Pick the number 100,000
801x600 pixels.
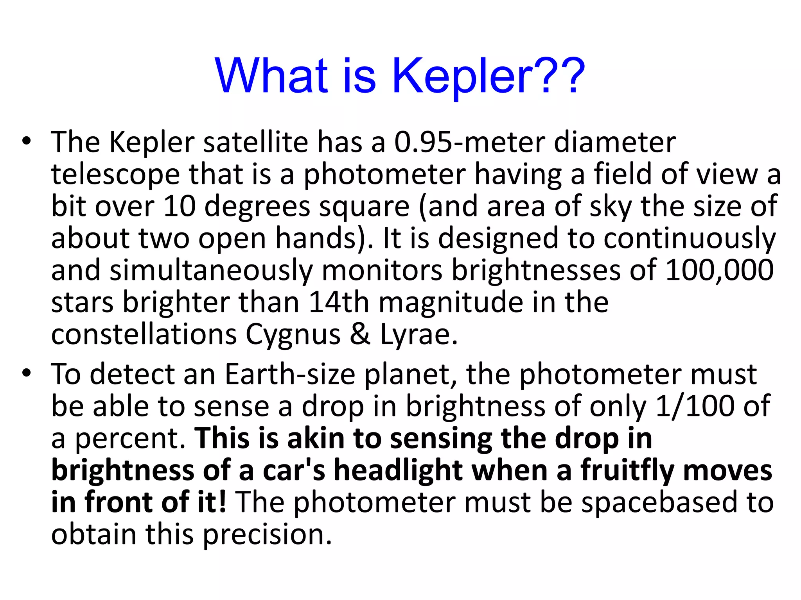[x=719, y=270]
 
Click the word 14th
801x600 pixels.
[x=339, y=303]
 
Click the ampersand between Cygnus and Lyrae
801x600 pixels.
[x=360, y=335]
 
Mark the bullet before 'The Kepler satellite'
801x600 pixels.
[x=26, y=141]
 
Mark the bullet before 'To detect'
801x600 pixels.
[x=26, y=373]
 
